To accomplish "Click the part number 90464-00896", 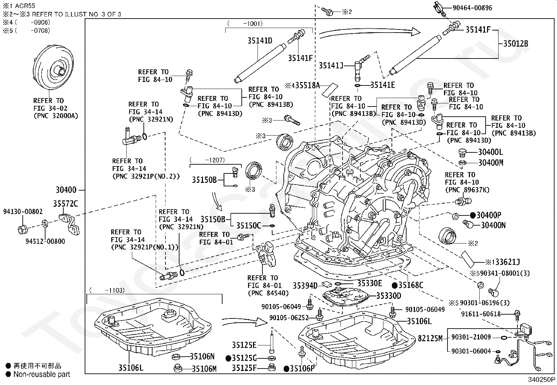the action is pos(472,8).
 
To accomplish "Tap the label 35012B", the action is pos(516,44).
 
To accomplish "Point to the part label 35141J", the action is pos(331,66).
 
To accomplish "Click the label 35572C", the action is pos(65,204).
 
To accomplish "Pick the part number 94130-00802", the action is pos(23,212).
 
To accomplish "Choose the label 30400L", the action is pos(491,152).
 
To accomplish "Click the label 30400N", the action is pos(493,225).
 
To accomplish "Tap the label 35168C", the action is pos(411,285).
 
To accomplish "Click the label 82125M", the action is pos(430,338).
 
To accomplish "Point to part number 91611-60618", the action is pos(481,314).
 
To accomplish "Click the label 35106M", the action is pos(204,369).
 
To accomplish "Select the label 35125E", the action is pos(244,345).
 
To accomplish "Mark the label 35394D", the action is pos(305,286).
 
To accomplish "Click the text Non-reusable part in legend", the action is pos(42,374).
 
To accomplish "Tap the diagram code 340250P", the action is pos(542,380).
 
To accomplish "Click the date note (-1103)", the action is pos(107,290).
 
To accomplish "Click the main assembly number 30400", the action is pos(66,190).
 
